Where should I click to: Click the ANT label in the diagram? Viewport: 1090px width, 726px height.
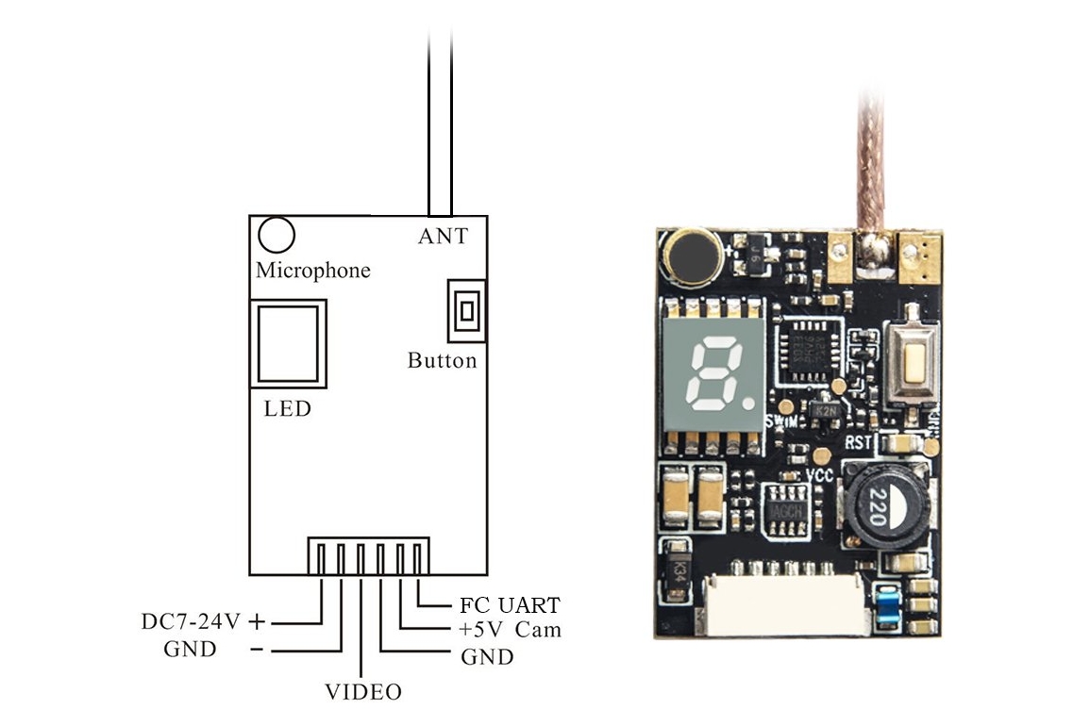[443, 236]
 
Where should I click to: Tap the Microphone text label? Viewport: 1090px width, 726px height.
[313, 271]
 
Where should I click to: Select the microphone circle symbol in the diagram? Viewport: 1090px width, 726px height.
[277, 234]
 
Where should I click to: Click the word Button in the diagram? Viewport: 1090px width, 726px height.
[442, 360]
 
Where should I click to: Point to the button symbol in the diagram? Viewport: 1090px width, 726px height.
[466, 310]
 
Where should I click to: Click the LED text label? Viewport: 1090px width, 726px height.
[287, 409]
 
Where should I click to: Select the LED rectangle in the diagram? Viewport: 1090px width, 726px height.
[289, 343]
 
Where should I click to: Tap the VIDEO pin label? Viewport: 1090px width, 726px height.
[363, 692]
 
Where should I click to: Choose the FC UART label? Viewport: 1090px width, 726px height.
[510, 605]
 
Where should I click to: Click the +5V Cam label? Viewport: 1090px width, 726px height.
[510, 630]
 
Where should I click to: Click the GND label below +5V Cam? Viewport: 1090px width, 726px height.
[487, 657]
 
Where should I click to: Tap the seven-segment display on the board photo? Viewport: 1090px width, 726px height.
[713, 377]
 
